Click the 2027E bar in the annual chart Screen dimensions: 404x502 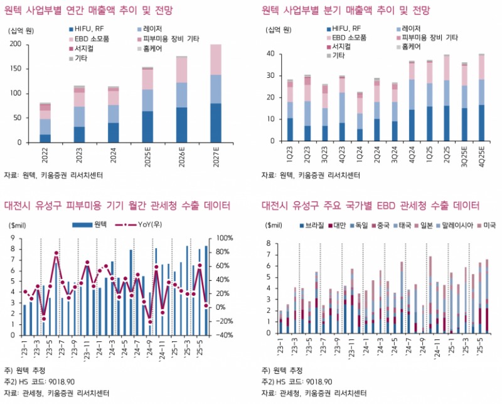point(215,94)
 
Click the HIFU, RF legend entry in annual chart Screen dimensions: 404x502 point(90,30)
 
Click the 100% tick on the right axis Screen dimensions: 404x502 point(223,237)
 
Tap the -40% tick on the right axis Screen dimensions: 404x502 point(223,334)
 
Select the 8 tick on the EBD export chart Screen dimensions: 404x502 point(269,243)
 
